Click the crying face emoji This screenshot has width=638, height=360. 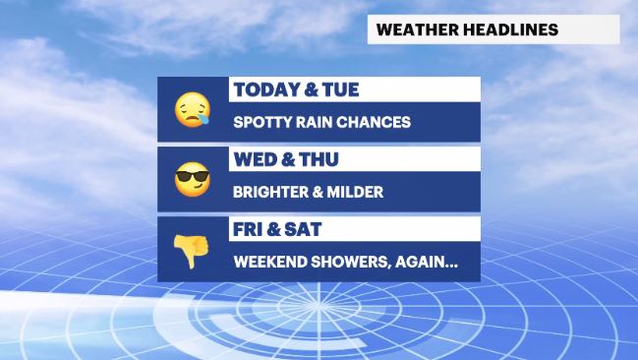tap(192, 109)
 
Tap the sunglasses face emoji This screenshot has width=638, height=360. tap(192, 180)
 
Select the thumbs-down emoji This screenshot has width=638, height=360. tap(193, 251)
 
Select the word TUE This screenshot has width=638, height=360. tap(338, 90)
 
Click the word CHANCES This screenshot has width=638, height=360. tap(376, 123)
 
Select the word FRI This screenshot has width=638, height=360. tap(250, 230)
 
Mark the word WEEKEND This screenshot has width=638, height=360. tap(268, 263)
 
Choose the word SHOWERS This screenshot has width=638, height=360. tap(349, 263)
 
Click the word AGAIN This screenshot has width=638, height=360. tap(424, 263)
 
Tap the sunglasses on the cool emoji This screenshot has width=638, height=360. tap(192, 176)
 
